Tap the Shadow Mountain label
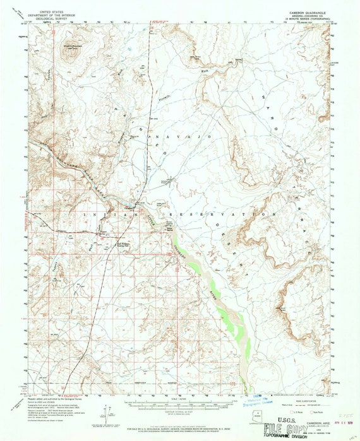coord(69,45)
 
